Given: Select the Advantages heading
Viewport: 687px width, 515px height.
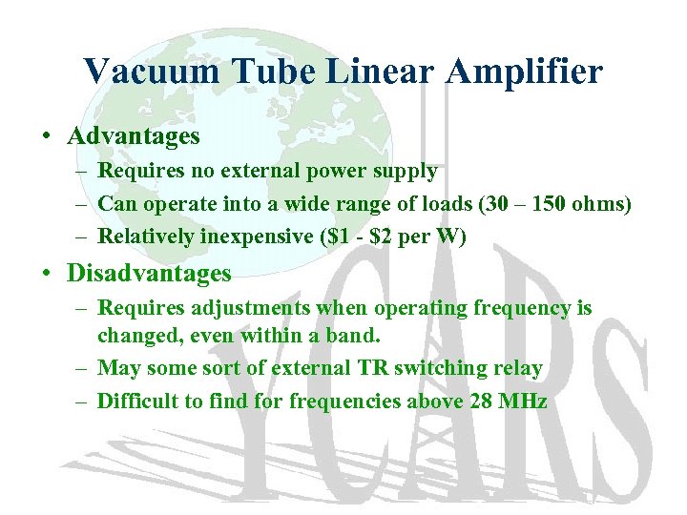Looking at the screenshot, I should (x=134, y=136).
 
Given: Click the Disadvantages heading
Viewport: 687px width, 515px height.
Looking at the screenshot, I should (x=149, y=274).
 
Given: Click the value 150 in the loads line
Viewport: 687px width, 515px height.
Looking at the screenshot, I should (x=546, y=203).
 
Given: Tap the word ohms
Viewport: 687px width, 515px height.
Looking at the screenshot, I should (x=598, y=203).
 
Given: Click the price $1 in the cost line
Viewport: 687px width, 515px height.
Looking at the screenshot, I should (x=328, y=237).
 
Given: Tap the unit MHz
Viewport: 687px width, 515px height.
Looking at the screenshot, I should (x=525, y=402).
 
